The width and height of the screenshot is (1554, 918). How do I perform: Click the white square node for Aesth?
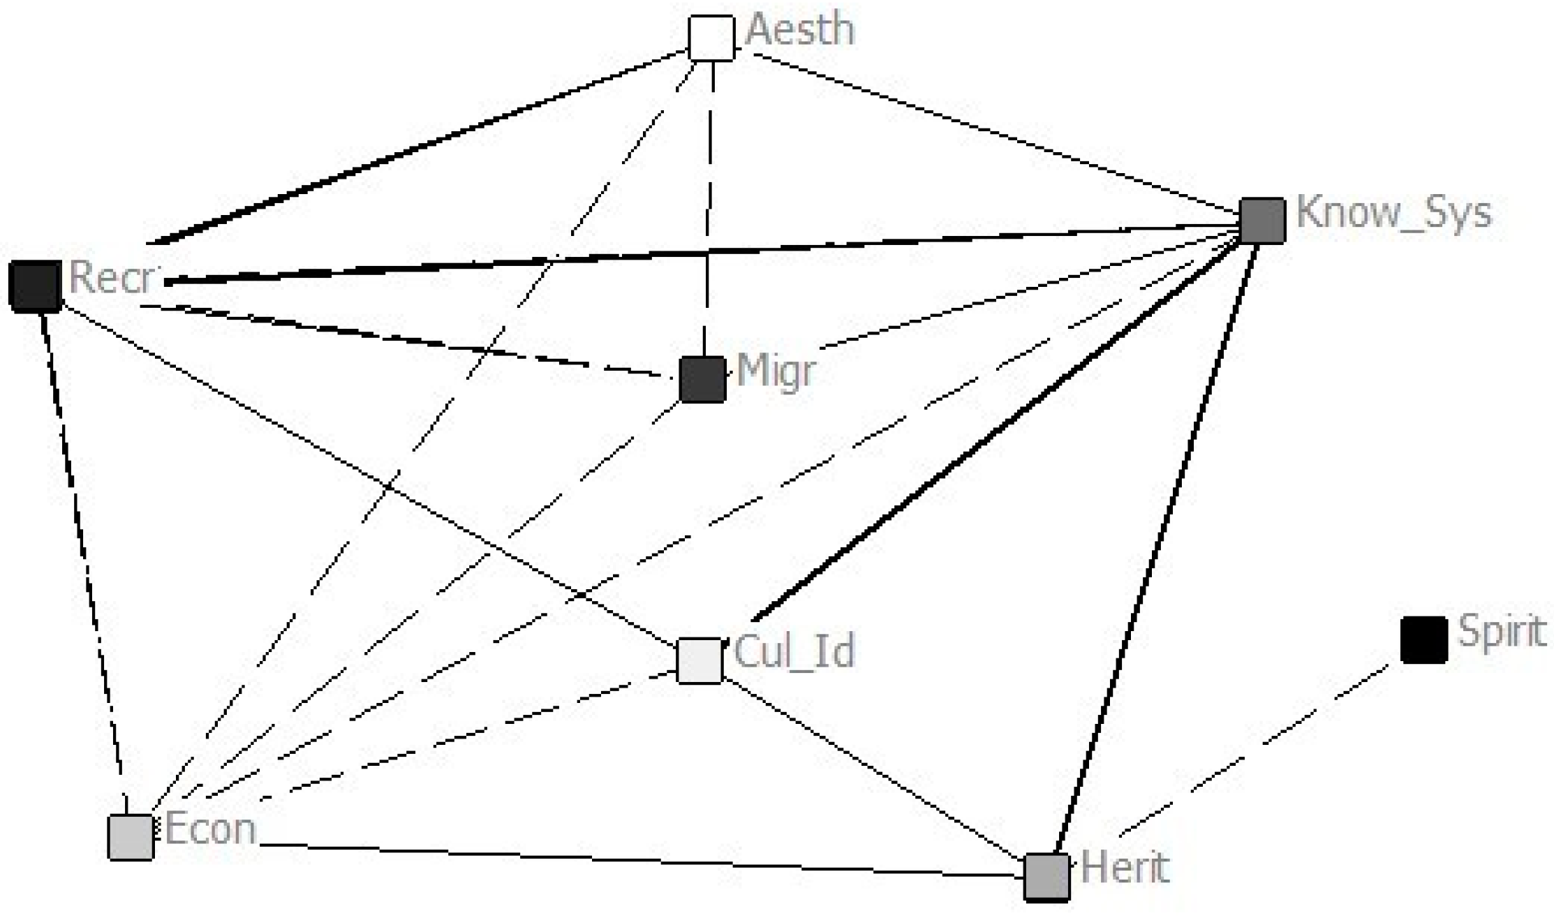coord(711,38)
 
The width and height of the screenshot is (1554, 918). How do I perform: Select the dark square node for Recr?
coord(35,286)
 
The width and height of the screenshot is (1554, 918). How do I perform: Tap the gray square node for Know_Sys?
coord(1262,221)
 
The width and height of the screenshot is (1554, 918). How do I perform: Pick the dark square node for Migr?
coord(702,380)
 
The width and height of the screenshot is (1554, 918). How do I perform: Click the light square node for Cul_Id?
coord(700,660)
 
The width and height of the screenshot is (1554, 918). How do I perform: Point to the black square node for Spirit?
coord(1423,639)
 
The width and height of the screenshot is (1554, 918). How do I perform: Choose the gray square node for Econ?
coord(131,836)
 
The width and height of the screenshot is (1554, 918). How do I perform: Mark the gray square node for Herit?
coord(1046,877)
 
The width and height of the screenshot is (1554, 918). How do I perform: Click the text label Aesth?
coord(801,31)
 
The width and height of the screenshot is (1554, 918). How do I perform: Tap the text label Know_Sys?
coord(1393,213)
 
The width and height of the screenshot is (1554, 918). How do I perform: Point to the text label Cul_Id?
coord(794,651)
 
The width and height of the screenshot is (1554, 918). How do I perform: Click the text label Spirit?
coord(1502,632)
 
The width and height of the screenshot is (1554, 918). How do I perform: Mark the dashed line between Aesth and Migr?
coord(709,202)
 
